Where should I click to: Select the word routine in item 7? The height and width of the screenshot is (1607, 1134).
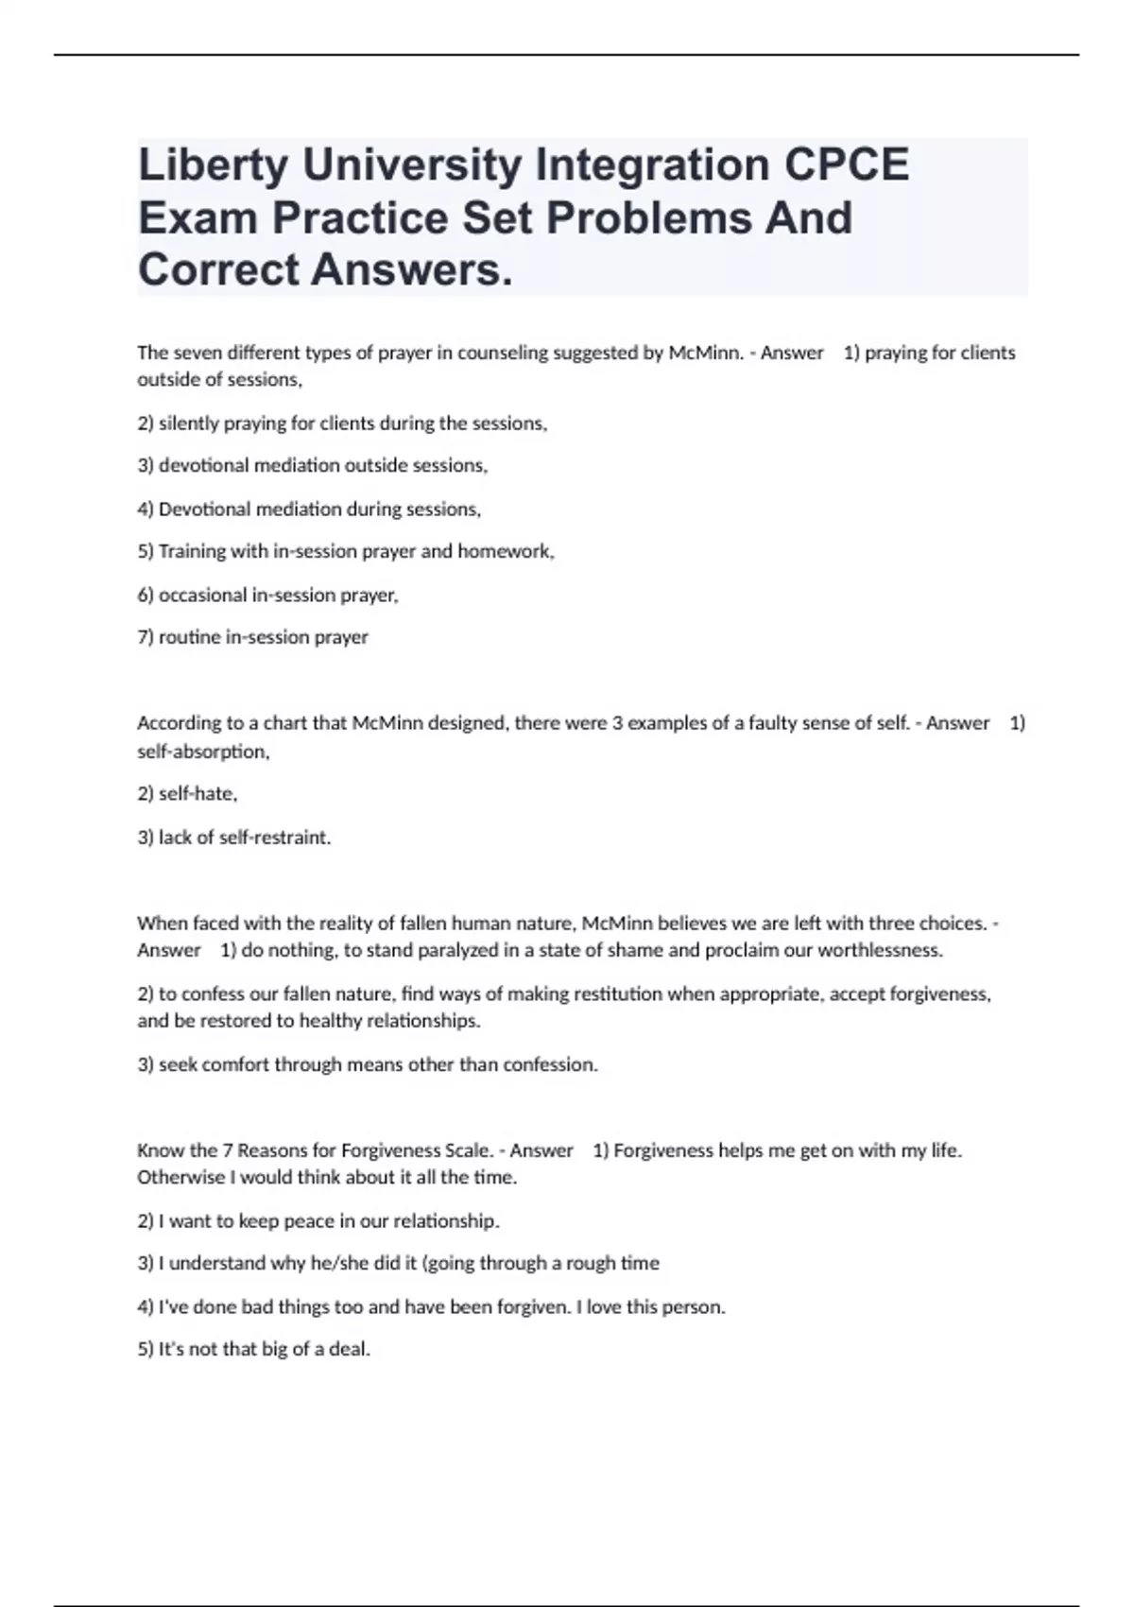[x=189, y=637]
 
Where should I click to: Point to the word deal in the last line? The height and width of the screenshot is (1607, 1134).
[x=351, y=1350]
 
